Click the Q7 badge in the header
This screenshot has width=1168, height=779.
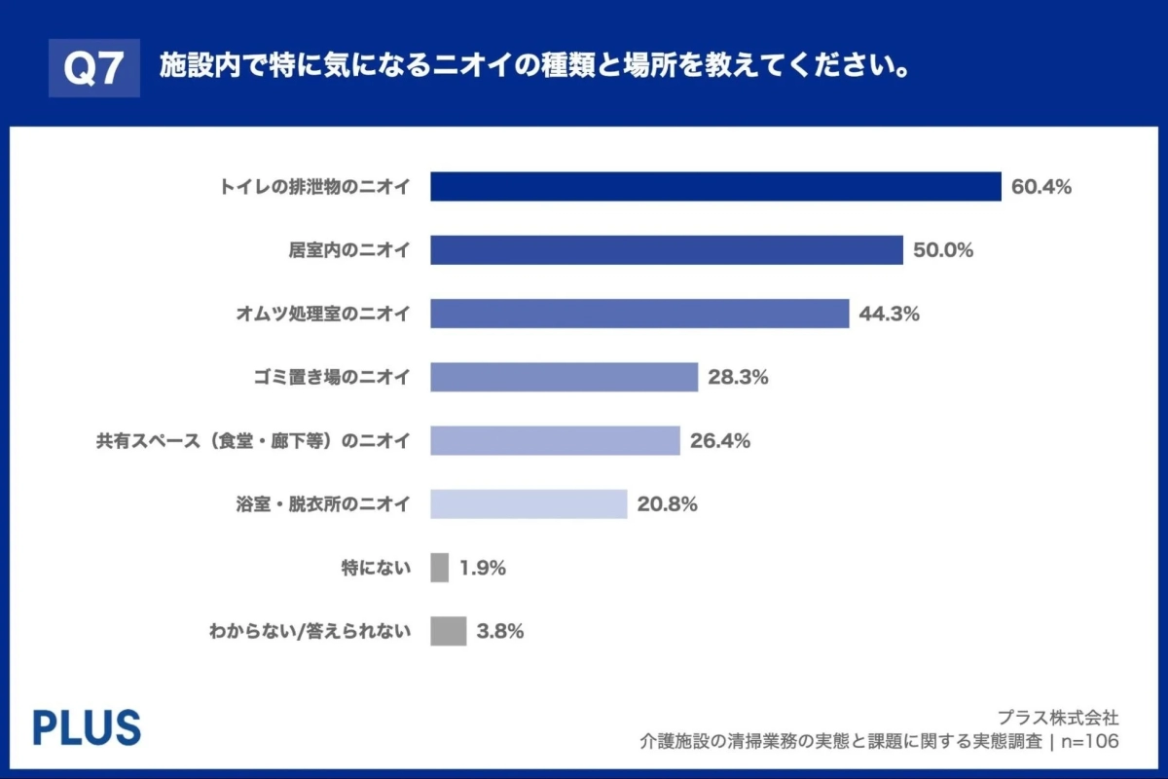pyautogui.click(x=94, y=68)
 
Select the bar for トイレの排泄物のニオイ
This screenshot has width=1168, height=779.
pyautogui.click(x=715, y=187)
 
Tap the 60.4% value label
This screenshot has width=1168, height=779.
pyautogui.click(x=1040, y=187)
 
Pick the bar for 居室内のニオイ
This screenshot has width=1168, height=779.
pyautogui.click(x=667, y=250)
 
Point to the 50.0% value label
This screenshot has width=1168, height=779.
pyautogui.click(x=943, y=250)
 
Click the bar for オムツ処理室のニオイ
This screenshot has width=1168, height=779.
pyautogui.click(x=639, y=314)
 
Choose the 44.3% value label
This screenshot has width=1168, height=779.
pyautogui.click(x=889, y=314)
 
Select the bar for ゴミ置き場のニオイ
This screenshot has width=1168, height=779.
pyautogui.click(x=564, y=377)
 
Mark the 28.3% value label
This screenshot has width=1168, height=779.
pyautogui.click(x=738, y=377)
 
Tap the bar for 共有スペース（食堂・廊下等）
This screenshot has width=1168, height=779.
pyautogui.click(x=555, y=440)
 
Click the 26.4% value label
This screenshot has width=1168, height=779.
pyautogui.click(x=719, y=440)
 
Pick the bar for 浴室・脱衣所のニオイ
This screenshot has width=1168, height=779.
pyautogui.click(x=529, y=504)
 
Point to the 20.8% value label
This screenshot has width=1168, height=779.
pyautogui.click(x=667, y=504)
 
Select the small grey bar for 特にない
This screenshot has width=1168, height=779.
pyautogui.click(x=439, y=568)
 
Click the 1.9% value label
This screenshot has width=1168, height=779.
pyautogui.click(x=482, y=568)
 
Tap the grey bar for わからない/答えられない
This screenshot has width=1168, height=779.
pyautogui.click(x=448, y=631)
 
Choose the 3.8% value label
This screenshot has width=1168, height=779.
pyautogui.click(x=500, y=631)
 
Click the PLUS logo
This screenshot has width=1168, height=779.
pyautogui.click(x=87, y=727)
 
